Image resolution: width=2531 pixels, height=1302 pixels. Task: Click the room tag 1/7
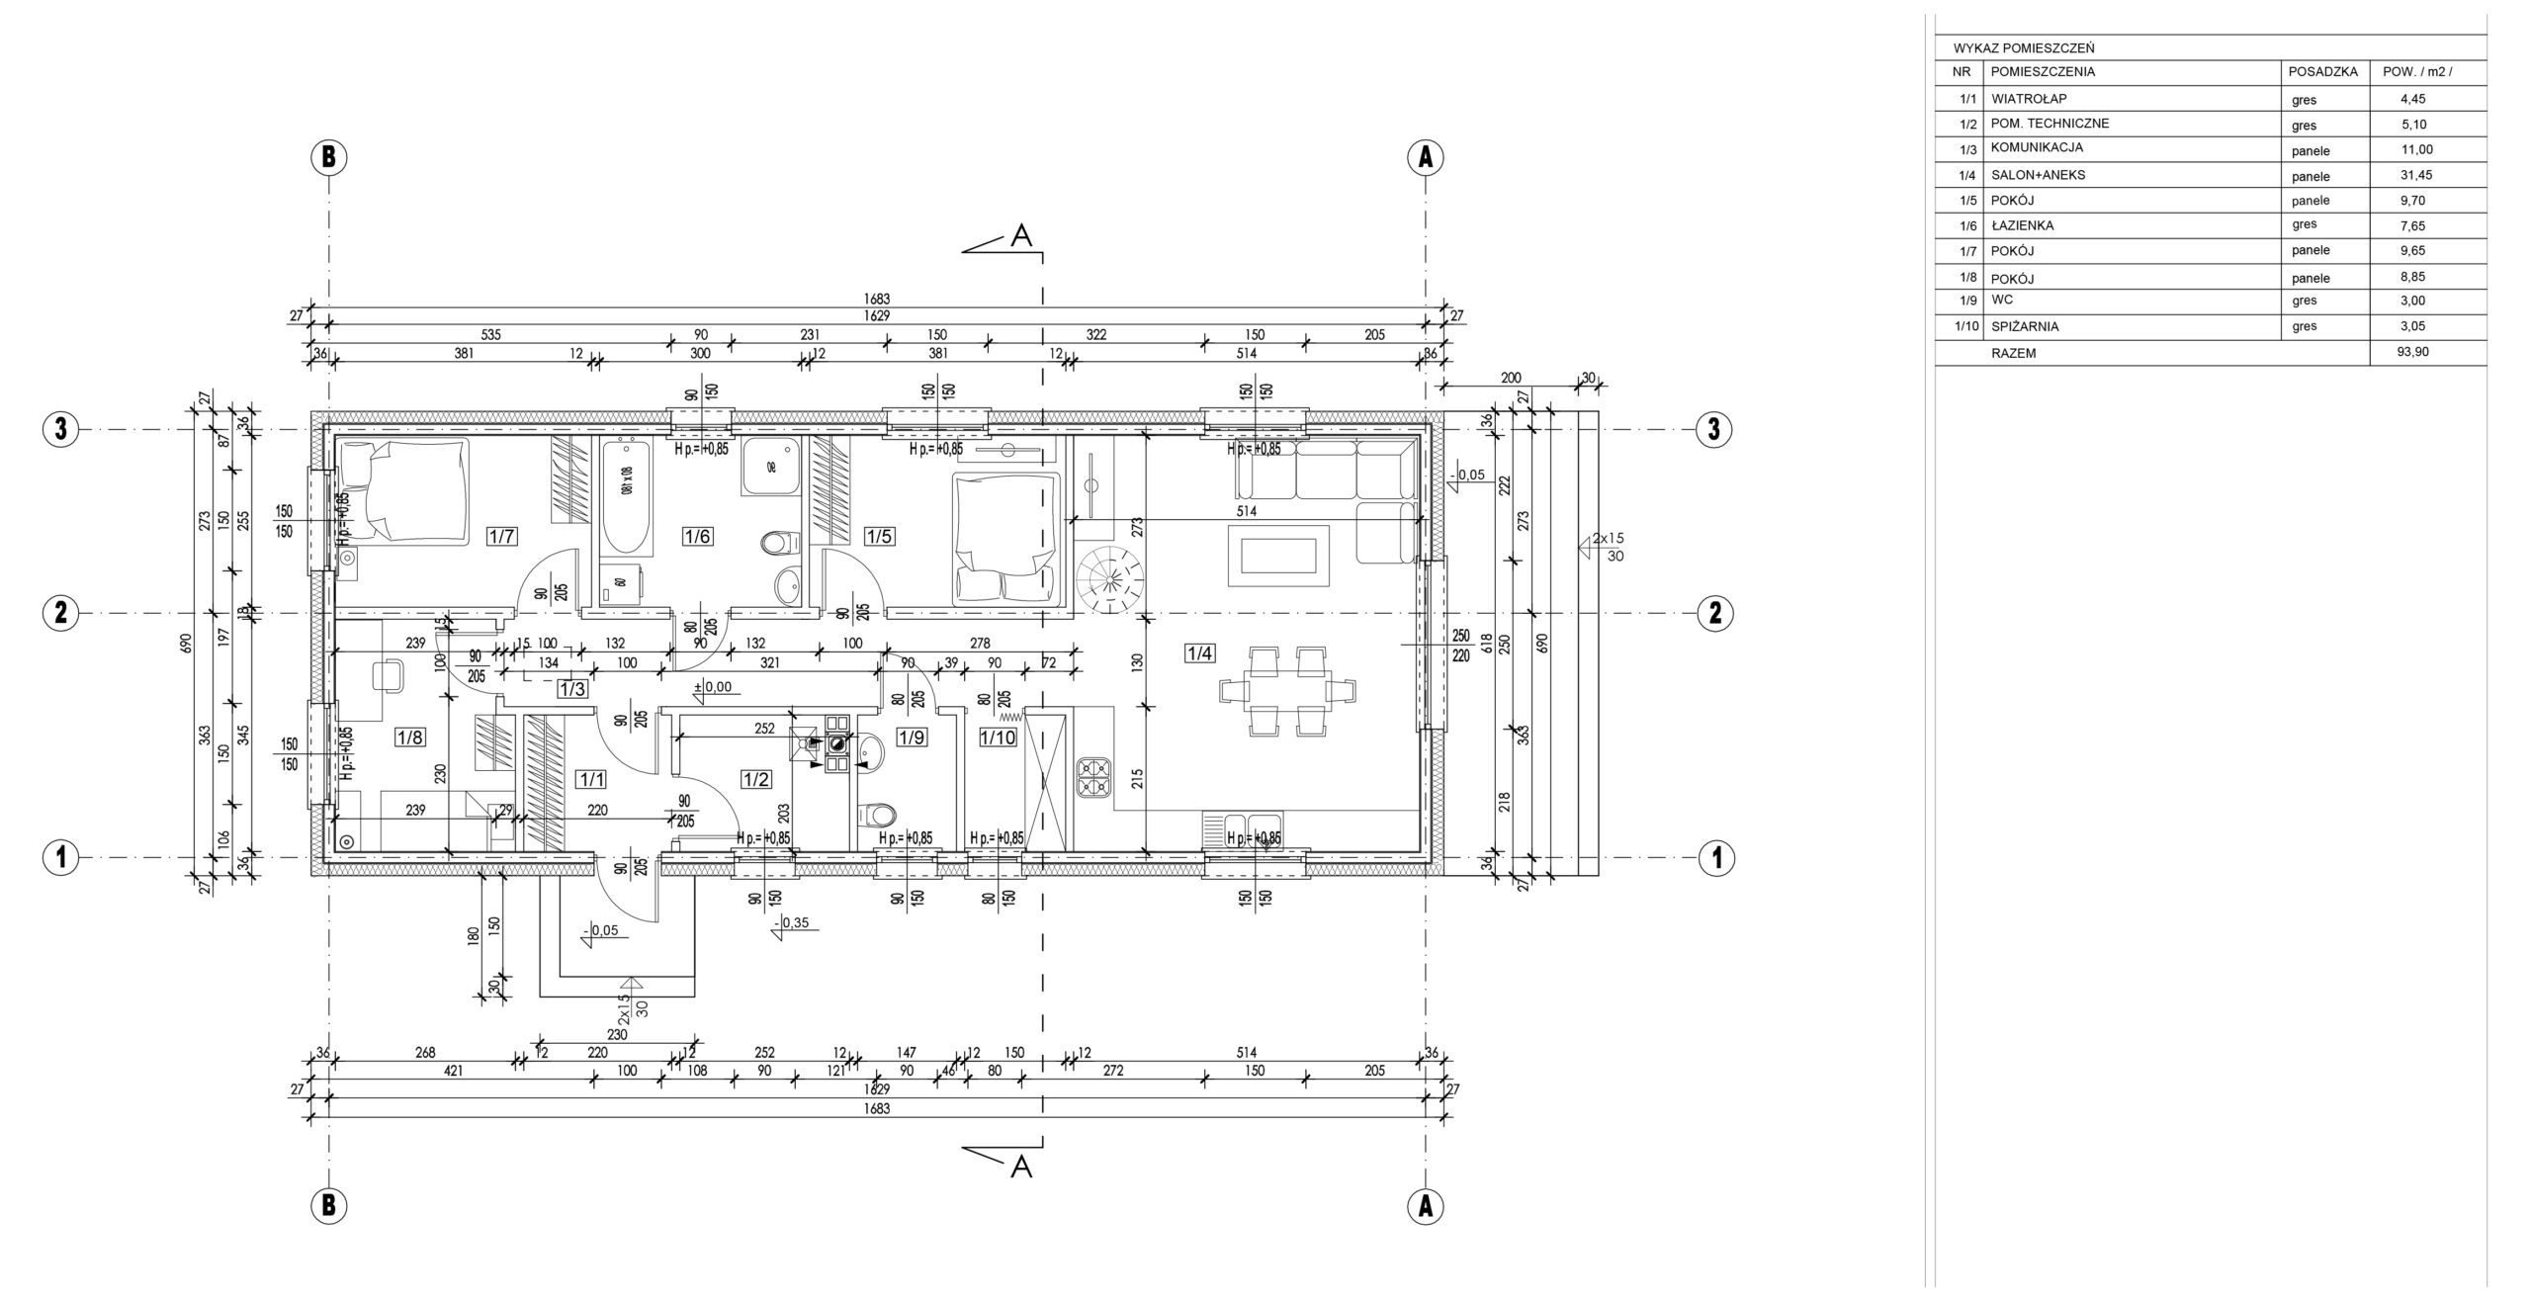502,537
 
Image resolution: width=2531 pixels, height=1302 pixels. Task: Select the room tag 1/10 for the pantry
998,738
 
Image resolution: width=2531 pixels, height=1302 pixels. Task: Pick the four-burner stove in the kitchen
1092,777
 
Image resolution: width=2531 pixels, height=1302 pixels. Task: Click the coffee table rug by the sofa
1278,558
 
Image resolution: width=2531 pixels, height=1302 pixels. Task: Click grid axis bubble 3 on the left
60,430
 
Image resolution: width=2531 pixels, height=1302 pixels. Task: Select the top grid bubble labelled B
329,156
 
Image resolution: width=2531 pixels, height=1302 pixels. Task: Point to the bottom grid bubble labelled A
1425,1205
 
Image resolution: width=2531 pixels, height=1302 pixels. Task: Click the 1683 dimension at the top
877,299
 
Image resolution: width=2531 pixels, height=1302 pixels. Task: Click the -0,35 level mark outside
793,923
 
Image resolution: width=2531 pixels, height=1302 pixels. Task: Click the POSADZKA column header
2322,72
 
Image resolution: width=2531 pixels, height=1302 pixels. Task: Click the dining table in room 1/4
1285,689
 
